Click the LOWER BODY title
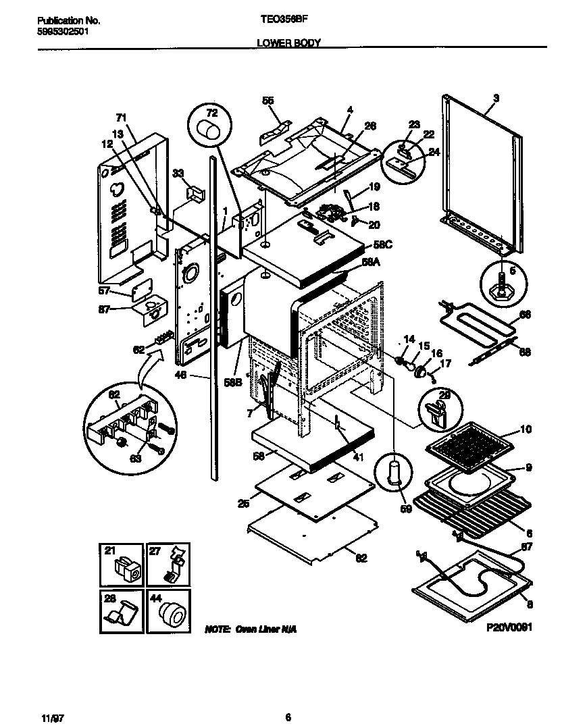coord(288,43)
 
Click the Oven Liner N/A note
coord(250,629)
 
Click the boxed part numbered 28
coord(124,610)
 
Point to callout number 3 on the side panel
coord(496,99)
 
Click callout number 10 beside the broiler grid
coord(526,430)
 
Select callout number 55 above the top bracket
coord(268,101)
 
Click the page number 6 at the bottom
coord(288,699)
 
